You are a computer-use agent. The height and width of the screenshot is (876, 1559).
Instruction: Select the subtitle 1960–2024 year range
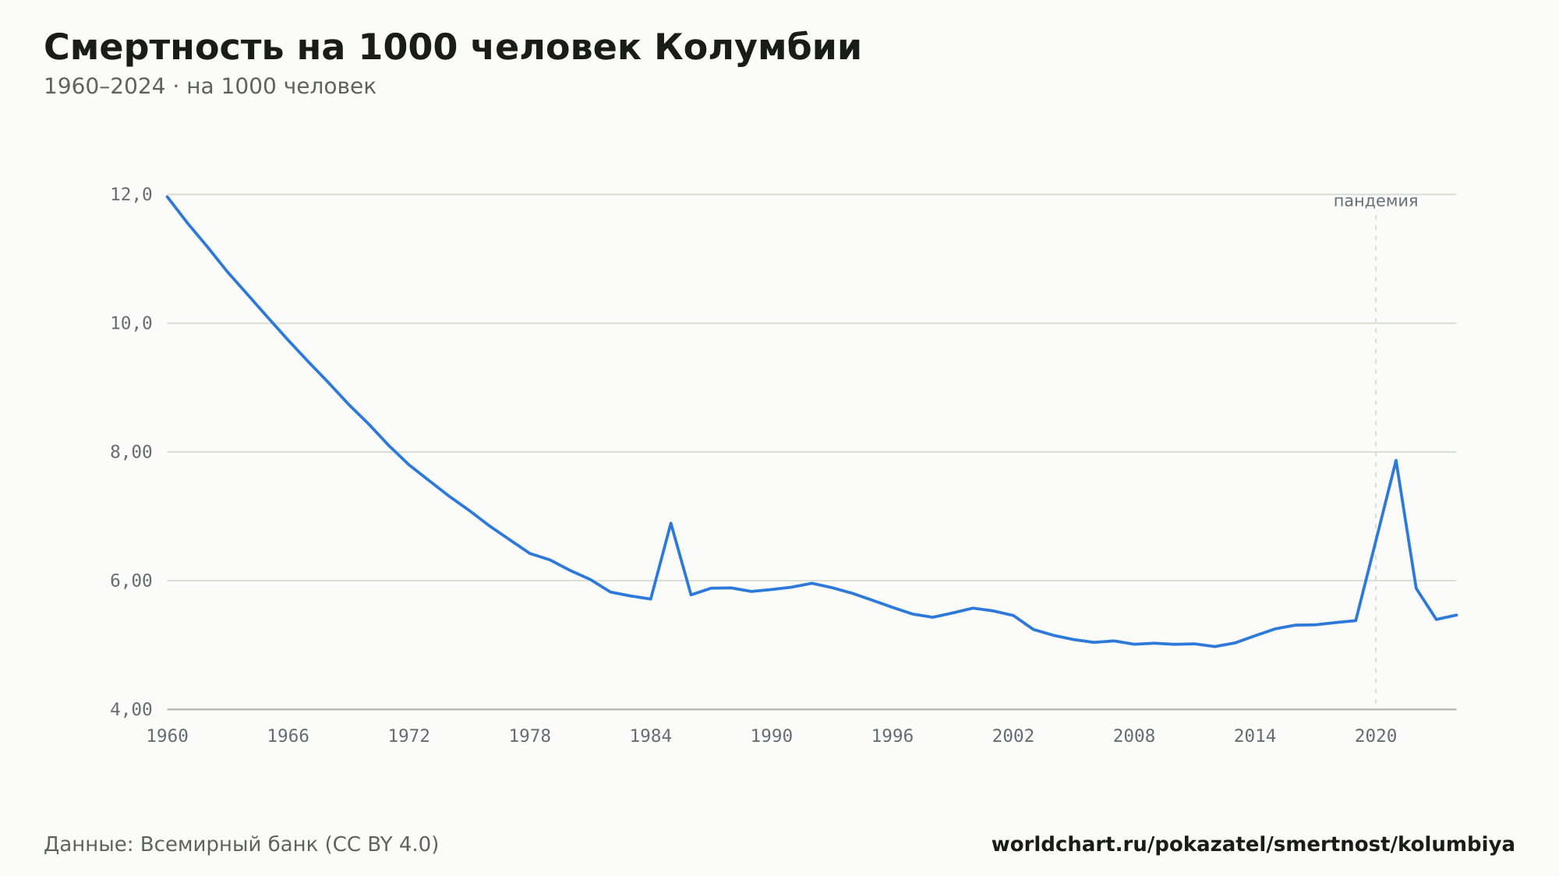point(104,87)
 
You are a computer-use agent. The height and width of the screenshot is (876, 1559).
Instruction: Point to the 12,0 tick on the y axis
point(131,195)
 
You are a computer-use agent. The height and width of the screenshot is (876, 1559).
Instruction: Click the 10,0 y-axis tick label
point(131,323)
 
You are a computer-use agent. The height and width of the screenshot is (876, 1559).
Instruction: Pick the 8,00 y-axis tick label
point(131,452)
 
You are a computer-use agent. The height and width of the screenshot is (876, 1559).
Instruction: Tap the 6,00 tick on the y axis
point(131,581)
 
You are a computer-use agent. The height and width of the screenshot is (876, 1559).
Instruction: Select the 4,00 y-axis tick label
point(131,709)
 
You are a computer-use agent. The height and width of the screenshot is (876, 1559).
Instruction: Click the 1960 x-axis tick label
point(168,736)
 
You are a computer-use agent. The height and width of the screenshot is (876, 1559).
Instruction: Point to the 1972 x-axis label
point(409,736)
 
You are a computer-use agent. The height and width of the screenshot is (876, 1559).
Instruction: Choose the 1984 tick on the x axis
point(651,736)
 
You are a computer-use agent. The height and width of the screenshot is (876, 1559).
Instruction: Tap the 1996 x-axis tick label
point(893,736)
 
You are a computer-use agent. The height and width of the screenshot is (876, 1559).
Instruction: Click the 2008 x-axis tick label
point(1134,736)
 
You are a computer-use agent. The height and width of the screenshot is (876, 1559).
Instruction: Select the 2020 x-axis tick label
point(1376,736)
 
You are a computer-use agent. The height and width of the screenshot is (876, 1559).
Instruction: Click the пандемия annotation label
point(1376,201)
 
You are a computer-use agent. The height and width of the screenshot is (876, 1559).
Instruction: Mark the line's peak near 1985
point(670,523)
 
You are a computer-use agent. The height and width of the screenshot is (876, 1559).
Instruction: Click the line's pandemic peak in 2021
point(1395,460)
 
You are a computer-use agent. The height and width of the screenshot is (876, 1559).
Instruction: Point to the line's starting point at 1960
point(168,196)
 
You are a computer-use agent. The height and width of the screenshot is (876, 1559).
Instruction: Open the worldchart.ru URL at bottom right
point(1253,845)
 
